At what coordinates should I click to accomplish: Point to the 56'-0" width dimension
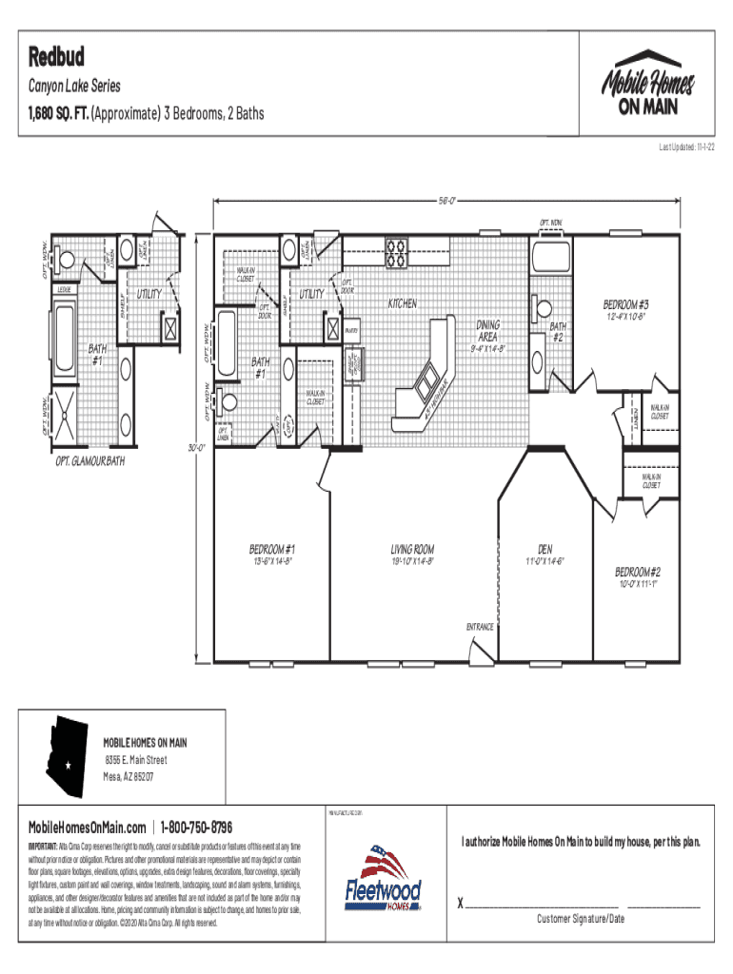pyautogui.click(x=448, y=201)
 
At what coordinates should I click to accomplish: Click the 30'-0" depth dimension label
pyautogui.click(x=198, y=447)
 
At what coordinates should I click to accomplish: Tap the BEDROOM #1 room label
pyautogui.click(x=271, y=549)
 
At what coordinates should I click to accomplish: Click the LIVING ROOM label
pyautogui.click(x=412, y=549)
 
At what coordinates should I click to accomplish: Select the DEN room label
pyautogui.click(x=545, y=549)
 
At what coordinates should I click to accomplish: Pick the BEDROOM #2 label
pyautogui.click(x=637, y=572)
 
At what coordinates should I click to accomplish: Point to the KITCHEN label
pyautogui.click(x=402, y=303)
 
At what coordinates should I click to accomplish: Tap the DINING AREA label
pyautogui.click(x=487, y=330)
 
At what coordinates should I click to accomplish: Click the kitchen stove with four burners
pyautogui.click(x=396, y=252)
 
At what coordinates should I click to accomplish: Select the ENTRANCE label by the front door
pyautogui.click(x=479, y=627)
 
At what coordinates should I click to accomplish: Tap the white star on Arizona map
pyautogui.click(x=69, y=765)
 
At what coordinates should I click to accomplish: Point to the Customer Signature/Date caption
pyautogui.click(x=580, y=919)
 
